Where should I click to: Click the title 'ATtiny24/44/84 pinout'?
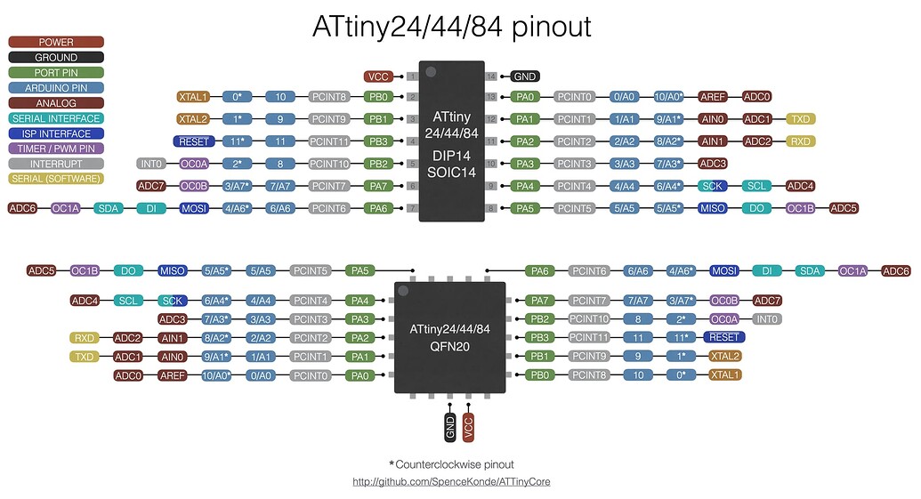(x=451, y=27)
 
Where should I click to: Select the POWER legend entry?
(x=56, y=42)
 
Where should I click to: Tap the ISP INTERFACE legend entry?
(x=56, y=133)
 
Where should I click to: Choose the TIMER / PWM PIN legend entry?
(x=56, y=149)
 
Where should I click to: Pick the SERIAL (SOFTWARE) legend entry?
(x=56, y=179)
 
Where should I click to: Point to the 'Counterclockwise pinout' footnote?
(x=451, y=464)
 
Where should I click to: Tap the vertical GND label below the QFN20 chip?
(x=449, y=426)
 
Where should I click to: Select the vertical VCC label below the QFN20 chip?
(x=468, y=426)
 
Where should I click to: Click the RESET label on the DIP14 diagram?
(x=194, y=141)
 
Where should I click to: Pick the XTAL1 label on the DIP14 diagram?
(x=192, y=97)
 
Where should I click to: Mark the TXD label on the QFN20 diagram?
(x=85, y=357)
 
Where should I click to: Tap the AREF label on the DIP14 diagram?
(x=713, y=97)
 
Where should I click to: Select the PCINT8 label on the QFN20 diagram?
(x=587, y=375)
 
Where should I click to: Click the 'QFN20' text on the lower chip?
(x=449, y=347)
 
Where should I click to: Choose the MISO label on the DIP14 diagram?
(x=713, y=208)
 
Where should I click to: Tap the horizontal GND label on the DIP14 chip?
(x=524, y=76)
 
